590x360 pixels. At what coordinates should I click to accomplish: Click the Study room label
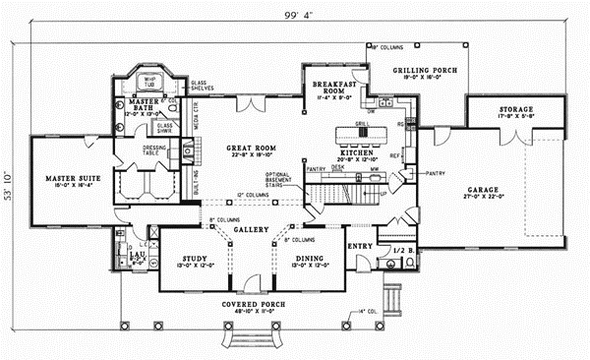(x=192, y=260)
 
